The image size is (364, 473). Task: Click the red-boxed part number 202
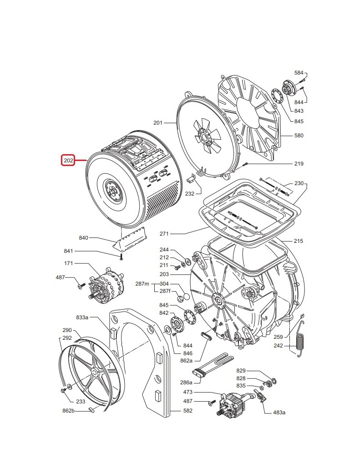[x=68, y=160]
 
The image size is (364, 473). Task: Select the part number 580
[x=298, y=136]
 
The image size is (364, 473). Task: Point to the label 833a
[x=82, y=317]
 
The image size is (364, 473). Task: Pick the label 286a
[x=186, y=382]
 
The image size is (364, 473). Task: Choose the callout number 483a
[x=279, y=413]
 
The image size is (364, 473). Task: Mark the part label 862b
[x=68, y=411]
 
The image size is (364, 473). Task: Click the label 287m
[x=142, y=284]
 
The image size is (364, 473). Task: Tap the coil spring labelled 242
[x=300, y=342]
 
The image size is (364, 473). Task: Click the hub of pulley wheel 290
[x=94, y=372]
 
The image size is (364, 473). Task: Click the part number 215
[x=298, y=241]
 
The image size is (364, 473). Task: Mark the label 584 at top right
[x=298, y=73]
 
